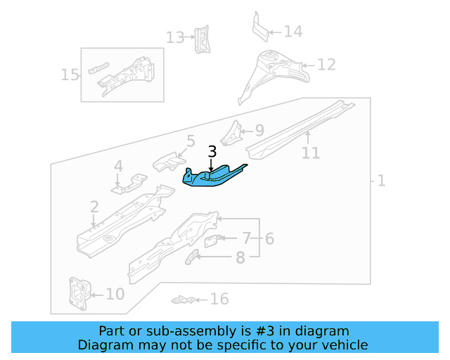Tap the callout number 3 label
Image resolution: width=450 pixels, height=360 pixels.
[213, 152]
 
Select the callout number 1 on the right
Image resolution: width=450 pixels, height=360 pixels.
[380, 181]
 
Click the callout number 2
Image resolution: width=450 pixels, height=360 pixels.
[94, 206]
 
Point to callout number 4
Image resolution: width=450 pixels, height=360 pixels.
[118, 167]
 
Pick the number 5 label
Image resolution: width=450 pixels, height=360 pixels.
[191, 142]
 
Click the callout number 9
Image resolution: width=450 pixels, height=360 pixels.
[259, 130]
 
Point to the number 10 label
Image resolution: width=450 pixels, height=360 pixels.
[115, 294]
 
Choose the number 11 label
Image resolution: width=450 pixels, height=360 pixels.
[310, 153]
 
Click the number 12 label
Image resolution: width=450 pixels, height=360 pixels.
[326, 65]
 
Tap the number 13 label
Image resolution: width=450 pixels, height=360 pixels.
[175, 37]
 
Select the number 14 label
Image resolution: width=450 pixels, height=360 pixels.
[293, 31]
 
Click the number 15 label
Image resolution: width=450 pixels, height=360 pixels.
[70, 74]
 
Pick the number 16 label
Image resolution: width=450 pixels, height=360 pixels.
[219, 300]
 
